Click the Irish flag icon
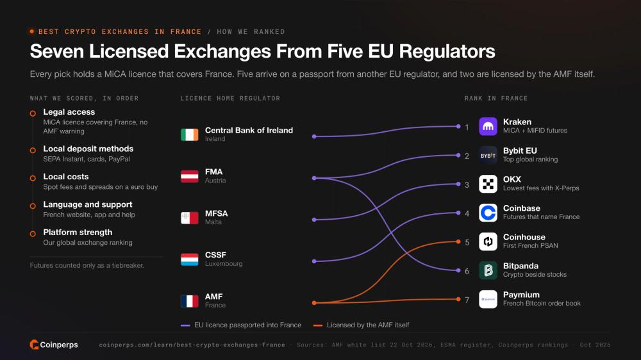189,135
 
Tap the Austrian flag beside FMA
189,176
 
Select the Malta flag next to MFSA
189,218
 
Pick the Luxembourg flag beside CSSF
189,259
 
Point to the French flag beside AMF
189,301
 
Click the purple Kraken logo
488,126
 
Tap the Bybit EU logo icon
488,155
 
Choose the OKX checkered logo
488,184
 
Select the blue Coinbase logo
488,213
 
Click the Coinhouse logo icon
488,241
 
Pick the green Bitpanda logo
488,270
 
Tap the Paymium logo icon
488,299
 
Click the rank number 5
467,242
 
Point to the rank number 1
467,127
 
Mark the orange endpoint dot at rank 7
458,299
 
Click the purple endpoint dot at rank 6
458,270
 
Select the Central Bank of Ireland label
249,130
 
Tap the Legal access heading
69,112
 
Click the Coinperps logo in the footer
54,345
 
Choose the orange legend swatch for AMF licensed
318,325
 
